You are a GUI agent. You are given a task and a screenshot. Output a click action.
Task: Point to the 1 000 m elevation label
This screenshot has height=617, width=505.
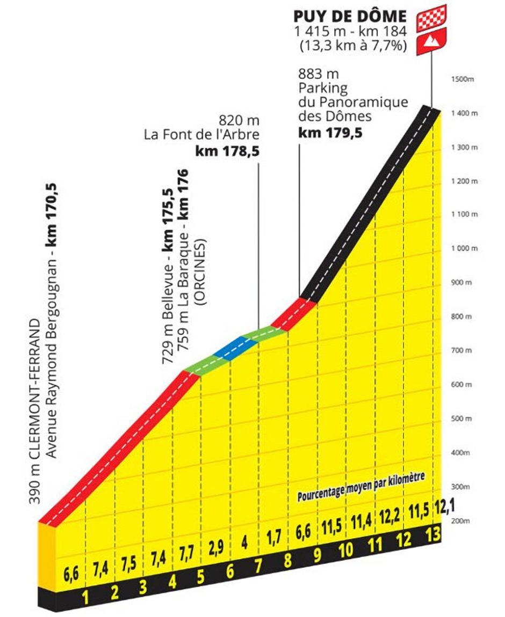464,248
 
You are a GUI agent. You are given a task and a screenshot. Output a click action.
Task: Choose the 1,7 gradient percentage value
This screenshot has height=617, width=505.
274,542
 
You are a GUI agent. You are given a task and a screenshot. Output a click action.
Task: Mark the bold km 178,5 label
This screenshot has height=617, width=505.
227,152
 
